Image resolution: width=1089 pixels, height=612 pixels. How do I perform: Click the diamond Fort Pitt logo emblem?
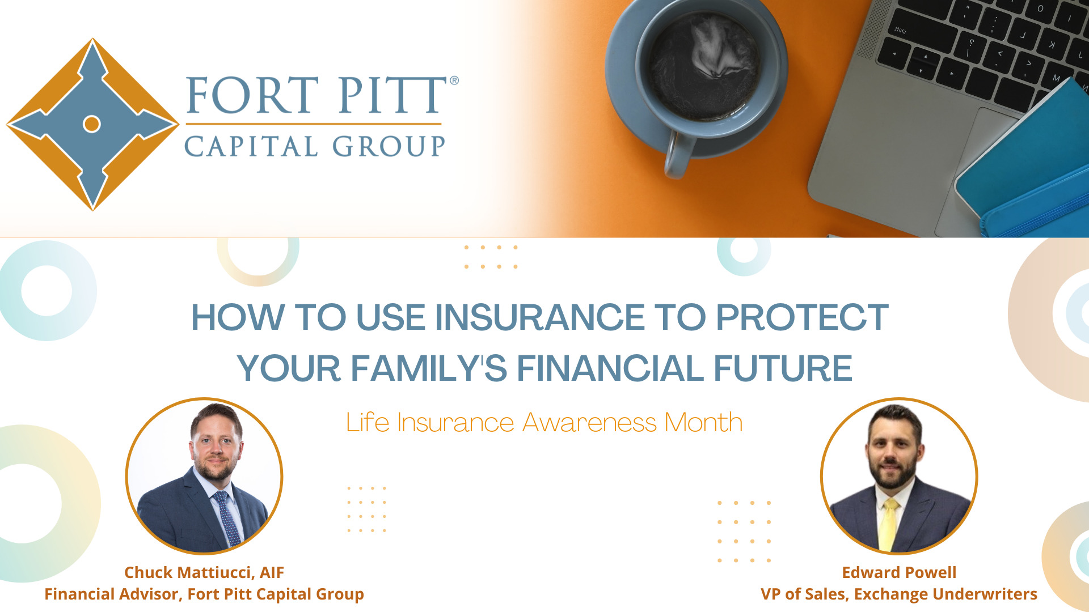(92, 124)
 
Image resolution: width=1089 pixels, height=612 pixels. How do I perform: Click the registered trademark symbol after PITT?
(454, 80)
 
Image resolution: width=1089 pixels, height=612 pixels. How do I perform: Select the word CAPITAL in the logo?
(251, 146)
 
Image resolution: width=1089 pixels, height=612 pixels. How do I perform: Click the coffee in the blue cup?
(704, 66)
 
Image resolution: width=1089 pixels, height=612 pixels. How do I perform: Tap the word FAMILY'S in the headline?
(429, 368)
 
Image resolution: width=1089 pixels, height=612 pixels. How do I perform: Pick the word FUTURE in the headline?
(783, 368)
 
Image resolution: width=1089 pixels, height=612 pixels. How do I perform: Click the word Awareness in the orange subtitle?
(589, 423)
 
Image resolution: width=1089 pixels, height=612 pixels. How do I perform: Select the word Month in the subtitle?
(703, 423)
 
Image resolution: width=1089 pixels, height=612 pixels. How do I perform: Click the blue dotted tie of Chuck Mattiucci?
(227, 518)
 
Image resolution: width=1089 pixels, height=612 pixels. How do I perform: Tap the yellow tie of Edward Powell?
(888, 524)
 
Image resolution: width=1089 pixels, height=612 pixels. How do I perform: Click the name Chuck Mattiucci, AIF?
(204, 572)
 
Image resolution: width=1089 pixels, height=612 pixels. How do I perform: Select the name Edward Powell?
(899, 572)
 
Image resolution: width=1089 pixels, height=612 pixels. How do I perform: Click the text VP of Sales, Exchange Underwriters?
(899, 594)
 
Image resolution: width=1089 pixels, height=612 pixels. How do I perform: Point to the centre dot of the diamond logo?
(92, 124)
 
